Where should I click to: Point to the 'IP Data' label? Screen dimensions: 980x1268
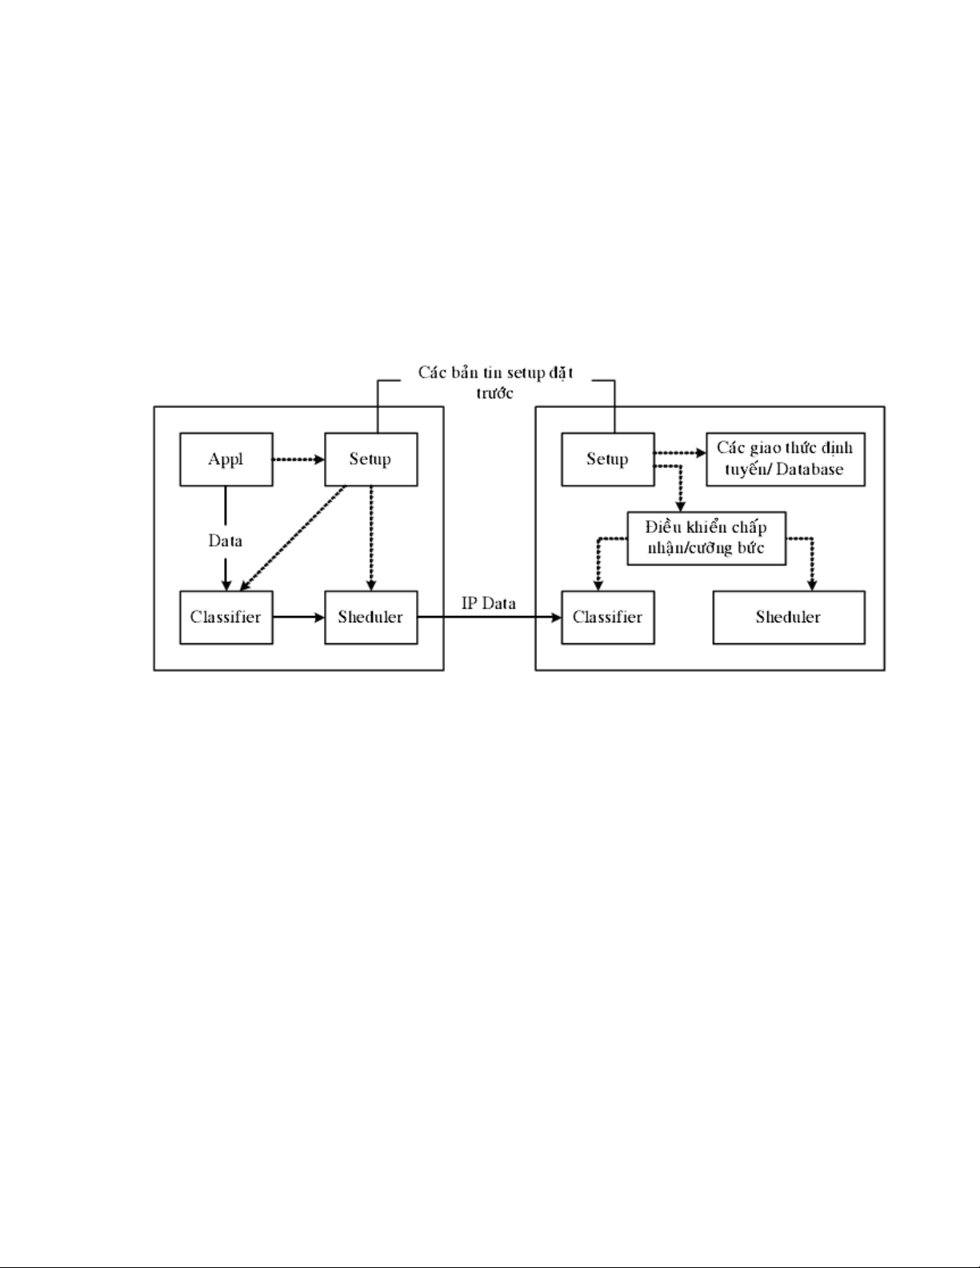(x=489, y=603)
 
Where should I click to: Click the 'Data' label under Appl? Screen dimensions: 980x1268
(x=225, y=541)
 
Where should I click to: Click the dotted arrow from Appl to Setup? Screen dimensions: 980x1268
(x=298, y=460)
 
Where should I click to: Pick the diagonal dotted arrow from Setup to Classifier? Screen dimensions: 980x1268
(x=293, y=538)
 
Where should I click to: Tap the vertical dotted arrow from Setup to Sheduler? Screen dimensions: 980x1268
(x=371, y=538)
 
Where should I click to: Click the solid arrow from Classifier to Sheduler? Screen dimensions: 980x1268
(x=298, y=618)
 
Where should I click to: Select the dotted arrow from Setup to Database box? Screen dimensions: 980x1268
(x=680, y=453)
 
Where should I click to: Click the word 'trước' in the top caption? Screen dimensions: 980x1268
(x=494, y=394)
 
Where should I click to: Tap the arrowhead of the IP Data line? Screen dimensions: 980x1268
(x=557, y=618)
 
